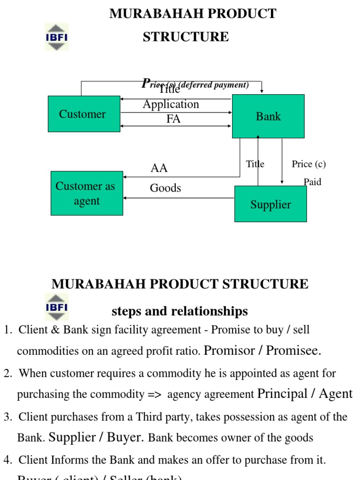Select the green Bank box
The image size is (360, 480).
click(x=268, y=116)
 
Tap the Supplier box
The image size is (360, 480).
click(x=270, y=204)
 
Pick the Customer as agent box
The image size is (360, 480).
click(x=87, y=193)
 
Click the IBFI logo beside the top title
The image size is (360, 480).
click(x=57, y=37)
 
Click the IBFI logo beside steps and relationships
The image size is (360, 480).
click(x=57, y=307)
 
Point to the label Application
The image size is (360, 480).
click(x=171, y=104)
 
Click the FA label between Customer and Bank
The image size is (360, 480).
click(x=173, y=119)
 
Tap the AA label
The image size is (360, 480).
click(x=159, y=168)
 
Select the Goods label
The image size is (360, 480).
click(x=165, y=188)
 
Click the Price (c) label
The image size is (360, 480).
click(x=308, y=164)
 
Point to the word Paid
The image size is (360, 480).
click(x=312, y=182)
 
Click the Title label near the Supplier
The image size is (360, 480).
click(x=255, y=164)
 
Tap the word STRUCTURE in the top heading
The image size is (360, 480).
click(x=186, y=37)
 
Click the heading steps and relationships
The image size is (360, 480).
click(x=180, y=311)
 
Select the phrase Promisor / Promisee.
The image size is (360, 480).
click(x=262, y=351)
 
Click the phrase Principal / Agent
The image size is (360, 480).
click(x=305, y=394)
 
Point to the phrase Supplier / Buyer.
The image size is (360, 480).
click(x=96, y=437)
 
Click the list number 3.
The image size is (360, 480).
click(x=7, y=417)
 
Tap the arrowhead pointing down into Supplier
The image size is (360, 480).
click(x=282, y=182)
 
